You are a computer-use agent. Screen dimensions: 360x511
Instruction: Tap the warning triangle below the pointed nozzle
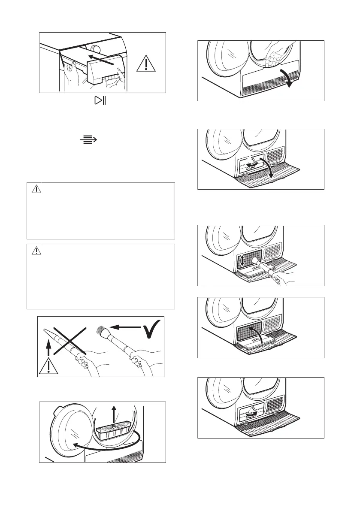[49, 366]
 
